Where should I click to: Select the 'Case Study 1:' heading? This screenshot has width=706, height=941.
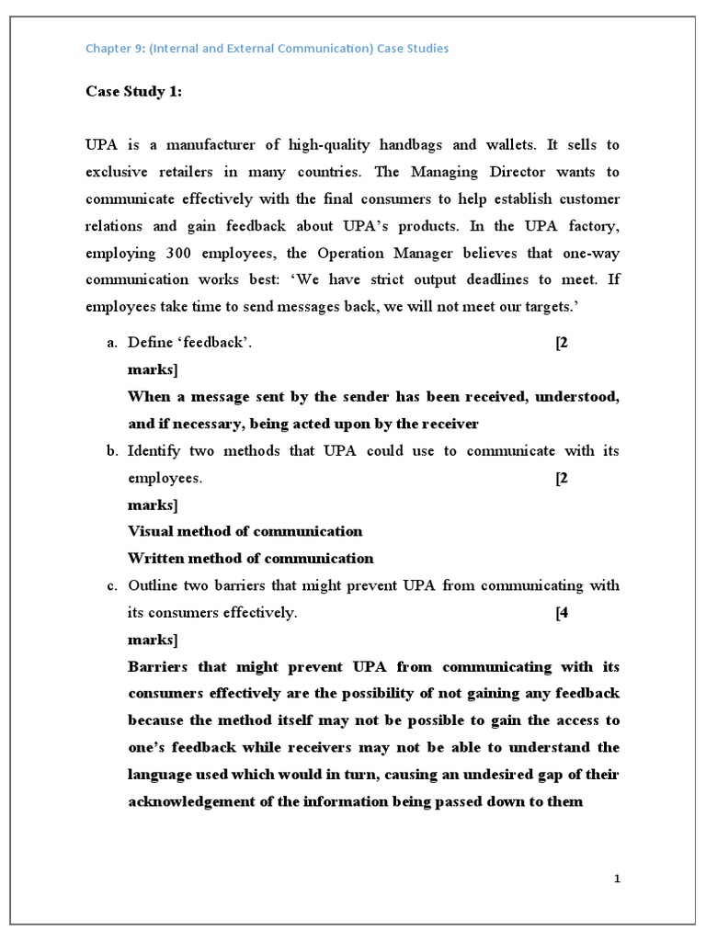pyautogui.click(x=129, y=91)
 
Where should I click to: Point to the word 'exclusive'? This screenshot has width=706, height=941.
pyautogui.click(x=117, y=172)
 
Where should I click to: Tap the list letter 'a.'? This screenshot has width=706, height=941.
pyautogui.click(x=112, y=343)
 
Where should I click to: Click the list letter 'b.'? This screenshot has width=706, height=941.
pyautogui.click(x=112, y=450)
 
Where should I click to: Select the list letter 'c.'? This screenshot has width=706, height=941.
pyautogui.click(x=112, y=585)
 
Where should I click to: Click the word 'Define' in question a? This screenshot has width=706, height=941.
pyautogui.click(x=150, y=343)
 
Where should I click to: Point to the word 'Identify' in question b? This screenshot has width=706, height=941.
pyautogui.click(x=155, y=450)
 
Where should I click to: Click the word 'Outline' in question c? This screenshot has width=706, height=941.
pyautogui.click(x=154, y=585)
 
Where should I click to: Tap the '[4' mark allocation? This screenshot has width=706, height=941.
pyautogui.click(x=562, y=613)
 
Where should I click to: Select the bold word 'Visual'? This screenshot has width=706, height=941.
pyautogui.click(x=151, y=531)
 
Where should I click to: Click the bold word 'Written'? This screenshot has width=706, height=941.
pyautogui.click(x=156, y=559)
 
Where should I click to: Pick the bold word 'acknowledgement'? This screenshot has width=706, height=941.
pyautogui.click(x=189, y=801)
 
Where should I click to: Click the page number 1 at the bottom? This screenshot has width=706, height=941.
pyautogui.click(x=618, y=879)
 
